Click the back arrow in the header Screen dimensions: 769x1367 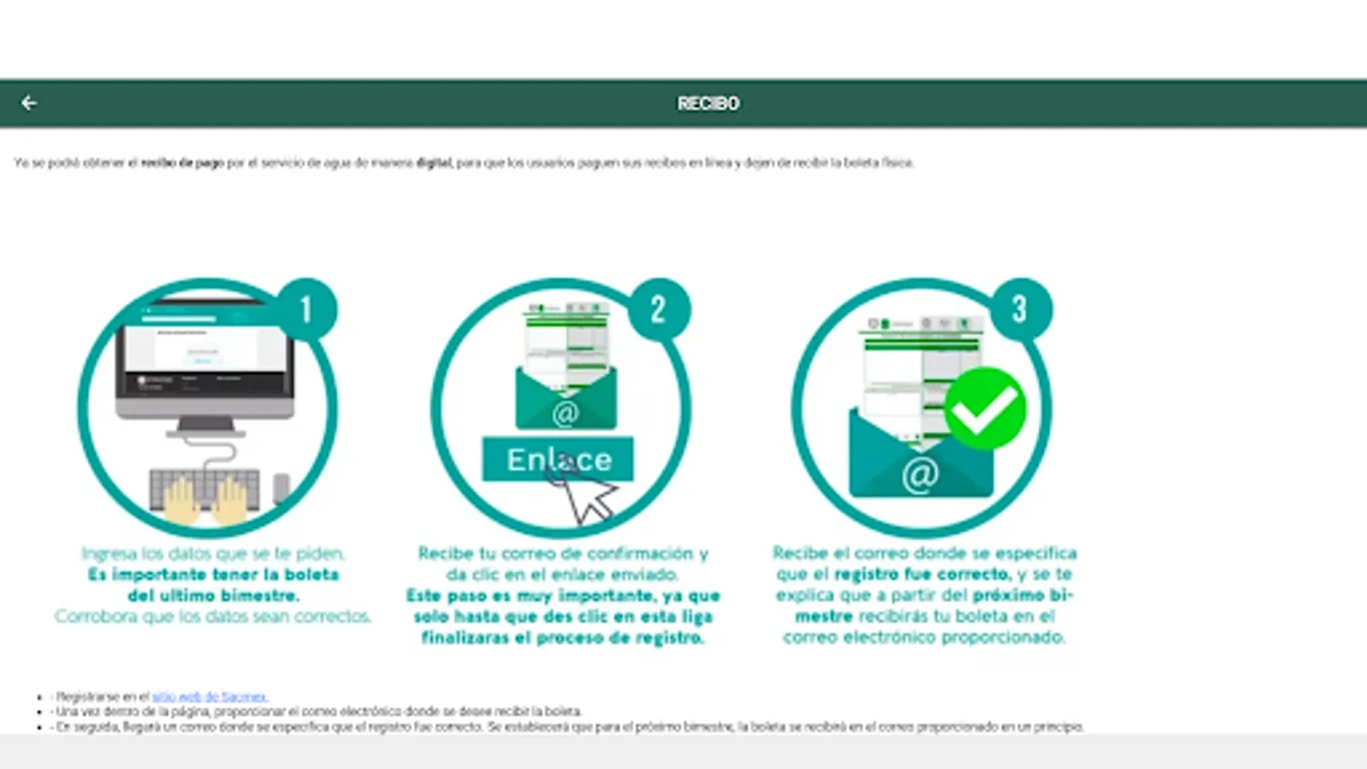[x=29, y=103]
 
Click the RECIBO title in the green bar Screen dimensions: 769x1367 [x=708, y=103]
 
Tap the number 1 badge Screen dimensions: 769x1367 [x=306, y=309]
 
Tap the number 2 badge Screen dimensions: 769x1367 [x=658, y=309]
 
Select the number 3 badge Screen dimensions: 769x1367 [x=1019, y=309]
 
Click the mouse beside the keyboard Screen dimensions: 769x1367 [x=281, y=488]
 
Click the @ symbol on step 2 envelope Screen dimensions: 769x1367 [x=566, y=414]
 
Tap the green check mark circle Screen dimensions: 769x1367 [x=985, y=408]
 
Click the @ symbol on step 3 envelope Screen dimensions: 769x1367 [x=920, y=474]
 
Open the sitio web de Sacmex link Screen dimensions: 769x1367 [x=209, y=696]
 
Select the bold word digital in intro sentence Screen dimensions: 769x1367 [x=434, y=162]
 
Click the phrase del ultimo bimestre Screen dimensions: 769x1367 [x=213, y=596]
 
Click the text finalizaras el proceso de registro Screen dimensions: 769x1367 [x=562, y=637]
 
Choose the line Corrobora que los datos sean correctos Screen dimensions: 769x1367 [x=213, y=616]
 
